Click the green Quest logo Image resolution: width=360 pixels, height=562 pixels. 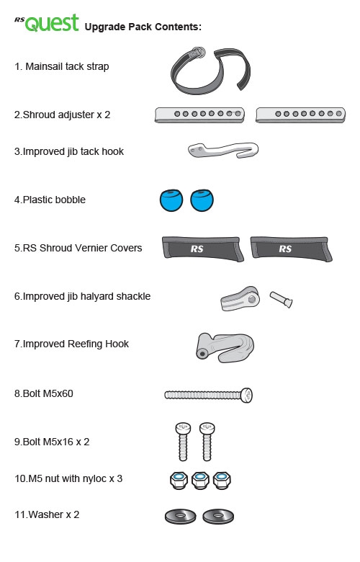(52, 23)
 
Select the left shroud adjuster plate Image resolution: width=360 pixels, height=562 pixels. (199, 115)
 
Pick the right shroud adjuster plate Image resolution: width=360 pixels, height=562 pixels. (300, 115)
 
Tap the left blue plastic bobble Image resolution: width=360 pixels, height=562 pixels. (171, 200)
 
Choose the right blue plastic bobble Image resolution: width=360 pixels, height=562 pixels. (202, 200)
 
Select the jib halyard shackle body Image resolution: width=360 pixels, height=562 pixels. (240, 298)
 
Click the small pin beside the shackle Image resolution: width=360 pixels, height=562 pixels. (282, 299)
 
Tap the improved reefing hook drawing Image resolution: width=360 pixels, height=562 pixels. (225, 348)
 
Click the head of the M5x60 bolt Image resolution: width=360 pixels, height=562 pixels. (246, 395)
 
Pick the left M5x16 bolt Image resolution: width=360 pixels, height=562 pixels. (183, 442)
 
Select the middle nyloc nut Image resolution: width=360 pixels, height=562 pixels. (200, 481)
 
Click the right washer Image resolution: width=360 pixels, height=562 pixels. (218, 517)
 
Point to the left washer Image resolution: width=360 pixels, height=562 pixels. (181, 517)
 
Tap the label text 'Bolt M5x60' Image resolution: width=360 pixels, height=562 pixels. (48, 393)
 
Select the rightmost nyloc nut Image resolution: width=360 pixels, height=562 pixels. (222, 481)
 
